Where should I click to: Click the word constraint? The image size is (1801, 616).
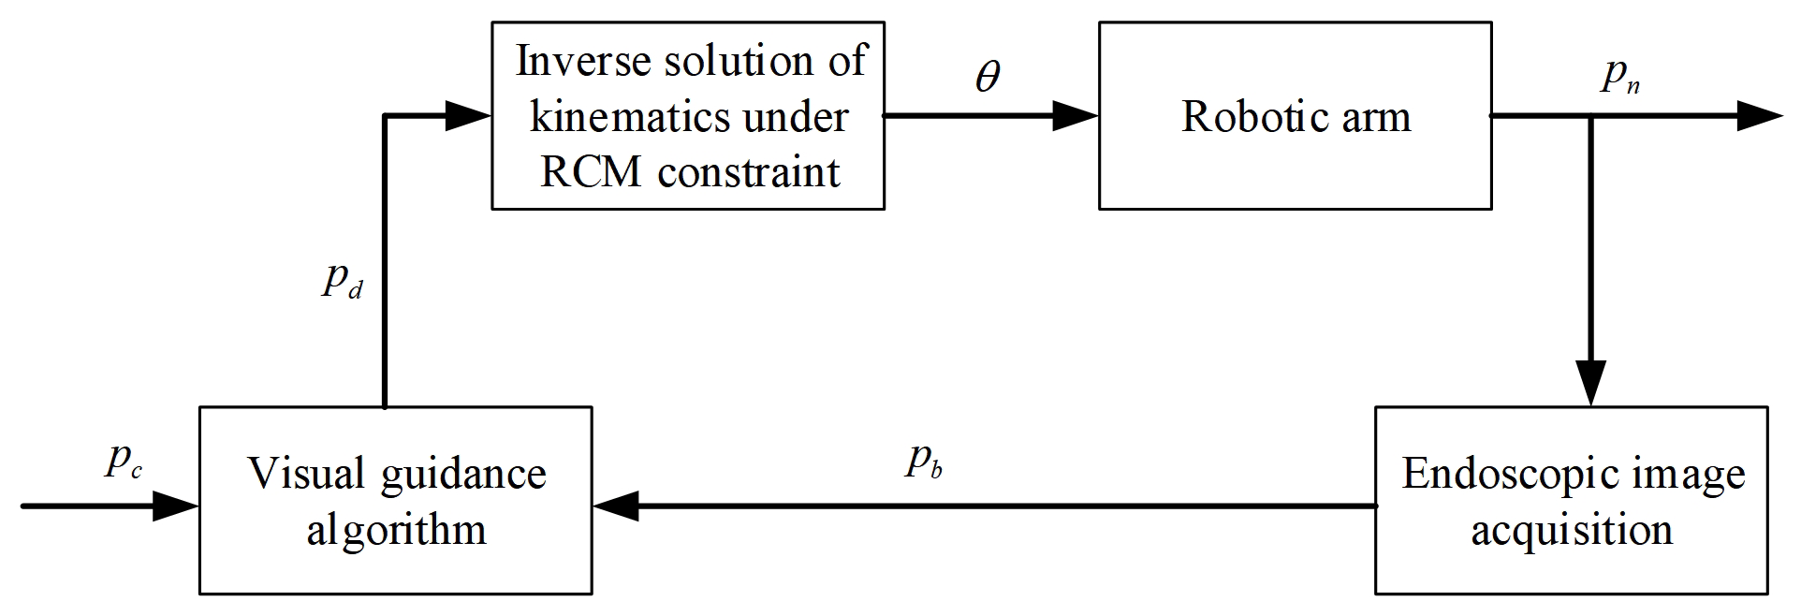(x=750, y=172)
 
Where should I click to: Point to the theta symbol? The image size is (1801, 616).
(x=988, y=77)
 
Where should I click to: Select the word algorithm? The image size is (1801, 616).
(x=396, y=530)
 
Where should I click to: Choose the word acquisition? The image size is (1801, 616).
(x=1572, y=530)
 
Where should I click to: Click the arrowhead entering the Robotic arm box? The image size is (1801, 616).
(x=1075, y=116)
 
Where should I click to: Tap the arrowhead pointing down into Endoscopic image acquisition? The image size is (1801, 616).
(x=1589, y=383)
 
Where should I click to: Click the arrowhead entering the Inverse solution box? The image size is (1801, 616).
(x=468, y=116)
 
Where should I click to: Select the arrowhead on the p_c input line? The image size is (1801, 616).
(x=175, y=506)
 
